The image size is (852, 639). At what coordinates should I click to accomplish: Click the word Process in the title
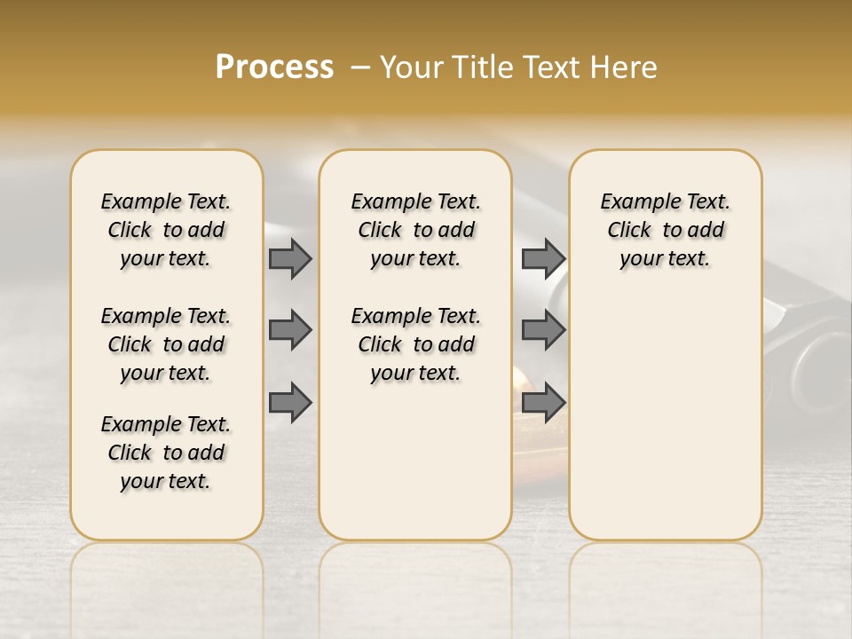pos(274,67)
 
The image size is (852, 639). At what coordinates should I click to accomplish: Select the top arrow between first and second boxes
pos(290,259)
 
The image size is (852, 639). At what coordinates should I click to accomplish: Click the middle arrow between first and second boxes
pos(290,330)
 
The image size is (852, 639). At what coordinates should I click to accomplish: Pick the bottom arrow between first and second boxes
pos(290,402)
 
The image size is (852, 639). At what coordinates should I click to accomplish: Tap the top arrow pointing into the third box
pos(543,259)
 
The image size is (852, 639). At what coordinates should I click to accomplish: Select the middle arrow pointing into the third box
pos(543,330)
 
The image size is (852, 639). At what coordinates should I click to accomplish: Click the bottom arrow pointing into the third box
pos(543,402)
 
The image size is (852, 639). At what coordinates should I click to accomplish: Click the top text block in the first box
pos(166,230)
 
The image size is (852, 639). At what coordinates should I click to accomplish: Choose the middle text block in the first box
pos(166,344)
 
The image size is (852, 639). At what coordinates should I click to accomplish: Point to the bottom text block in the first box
pos(166,453)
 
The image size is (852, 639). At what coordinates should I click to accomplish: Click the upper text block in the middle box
pos(415,230)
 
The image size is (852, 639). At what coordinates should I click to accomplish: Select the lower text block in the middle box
pos(415,344)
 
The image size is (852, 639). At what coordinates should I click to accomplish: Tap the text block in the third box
pos(665,230)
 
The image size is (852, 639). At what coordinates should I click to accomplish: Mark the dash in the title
pos(359,67)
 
